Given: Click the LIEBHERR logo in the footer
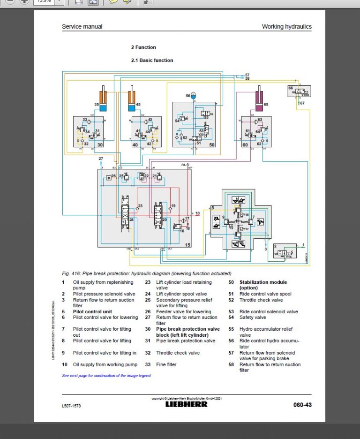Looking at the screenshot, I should [x=186, y=404].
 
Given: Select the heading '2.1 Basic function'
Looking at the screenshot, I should [x=152, y=61].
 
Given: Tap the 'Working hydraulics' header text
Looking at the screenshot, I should [x=286, y=27].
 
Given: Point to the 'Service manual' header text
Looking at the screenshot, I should [x=82, y=27].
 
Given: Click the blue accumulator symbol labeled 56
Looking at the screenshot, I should [x=193, y=96].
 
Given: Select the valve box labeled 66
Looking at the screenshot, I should [x=299, y=91].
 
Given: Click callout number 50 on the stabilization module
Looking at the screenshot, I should [x=211, y=145].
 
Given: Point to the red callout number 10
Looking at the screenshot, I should [x=197, y=213].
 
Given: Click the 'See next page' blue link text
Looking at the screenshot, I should [x=106, y=376].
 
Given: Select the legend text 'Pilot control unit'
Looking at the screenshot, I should [x=92, y=311].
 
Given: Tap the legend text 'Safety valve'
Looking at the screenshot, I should [x=253, y=318].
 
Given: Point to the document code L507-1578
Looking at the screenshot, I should [x=71, y=405].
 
